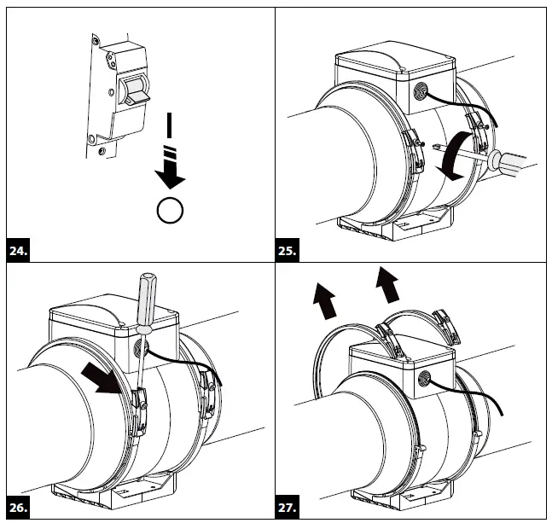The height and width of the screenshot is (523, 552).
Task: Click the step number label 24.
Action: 18,252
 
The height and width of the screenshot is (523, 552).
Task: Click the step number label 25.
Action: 288,252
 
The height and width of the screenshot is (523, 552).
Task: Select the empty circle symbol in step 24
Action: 171,210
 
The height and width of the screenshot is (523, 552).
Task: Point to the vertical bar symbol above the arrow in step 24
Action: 171,125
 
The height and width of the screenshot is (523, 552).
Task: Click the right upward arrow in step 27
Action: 389,284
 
